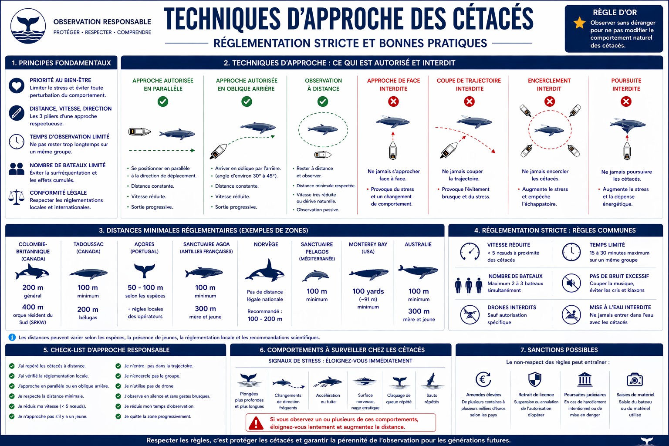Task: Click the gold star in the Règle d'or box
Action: click(579, 23)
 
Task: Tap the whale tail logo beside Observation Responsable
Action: click(28, 26)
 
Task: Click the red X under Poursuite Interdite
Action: click(626, 101)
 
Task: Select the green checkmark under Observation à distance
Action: click(323, 101)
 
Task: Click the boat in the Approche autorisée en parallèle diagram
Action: click(139, 132)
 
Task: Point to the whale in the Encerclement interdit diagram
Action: click(549, 130)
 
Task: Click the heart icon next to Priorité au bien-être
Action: click(17, 85)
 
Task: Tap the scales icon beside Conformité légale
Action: click(17, 197)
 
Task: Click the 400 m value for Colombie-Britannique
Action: click(33, 307)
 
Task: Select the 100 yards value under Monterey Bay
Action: click(368, 291)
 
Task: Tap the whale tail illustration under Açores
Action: click(144, 270)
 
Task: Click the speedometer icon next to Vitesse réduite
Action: click(470, 252)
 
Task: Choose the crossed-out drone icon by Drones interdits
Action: click(470, 314)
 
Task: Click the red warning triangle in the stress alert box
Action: click(256, 423)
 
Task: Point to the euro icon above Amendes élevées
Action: click(483, 379)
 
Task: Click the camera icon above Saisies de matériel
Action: click(635, 380)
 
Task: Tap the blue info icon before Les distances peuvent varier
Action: click(12, 338)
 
